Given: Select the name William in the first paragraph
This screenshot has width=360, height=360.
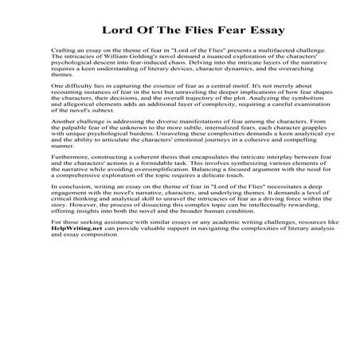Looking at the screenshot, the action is (x=108, y=57).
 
